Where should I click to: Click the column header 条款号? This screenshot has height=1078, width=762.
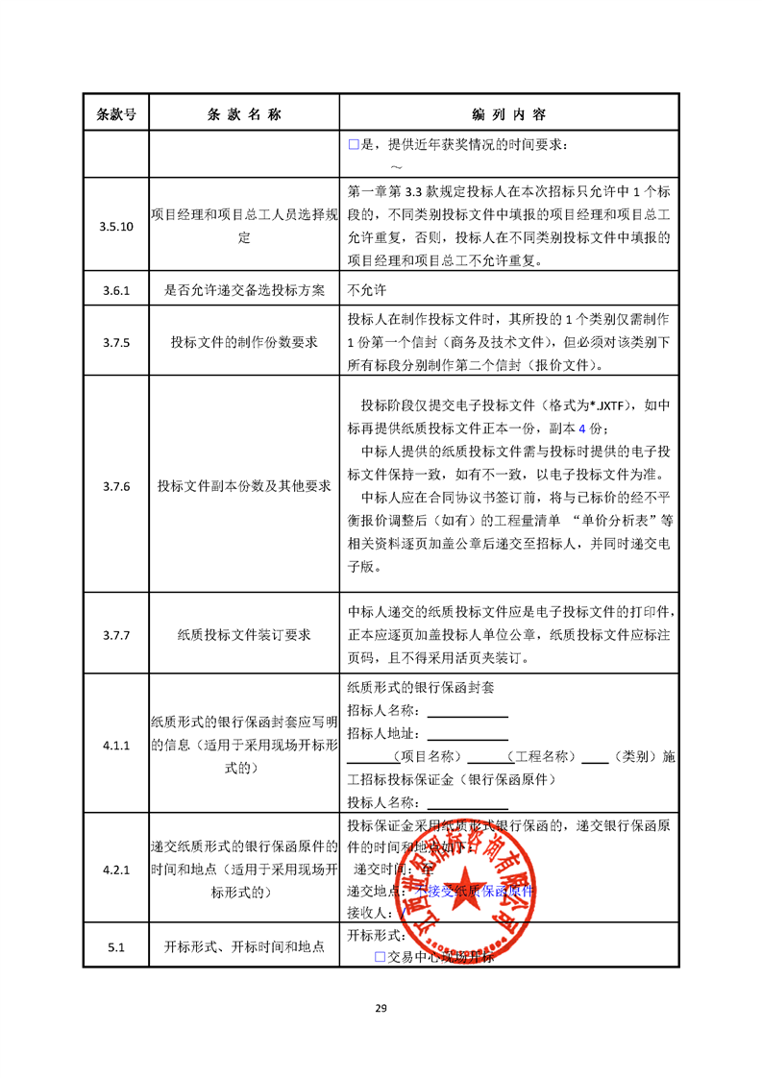tap(116, 113)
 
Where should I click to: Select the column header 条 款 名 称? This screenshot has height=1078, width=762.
tap(244, 113)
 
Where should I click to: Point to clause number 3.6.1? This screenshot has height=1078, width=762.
tap(116, 288)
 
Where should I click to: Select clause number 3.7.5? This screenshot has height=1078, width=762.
tap(116, 341)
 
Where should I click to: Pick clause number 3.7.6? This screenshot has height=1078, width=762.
tap(116, 486)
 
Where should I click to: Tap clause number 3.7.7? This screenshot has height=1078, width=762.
tap(116, 634)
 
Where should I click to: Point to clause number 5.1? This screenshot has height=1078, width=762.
tap(116, 947)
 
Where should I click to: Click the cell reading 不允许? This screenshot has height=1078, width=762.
tap(365, 288)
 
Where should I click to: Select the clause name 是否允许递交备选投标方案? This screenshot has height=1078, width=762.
tap(244, 288)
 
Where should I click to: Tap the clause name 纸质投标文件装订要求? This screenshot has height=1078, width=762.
tap(244, 634)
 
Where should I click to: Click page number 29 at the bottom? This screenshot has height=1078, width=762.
tap(381, 1008)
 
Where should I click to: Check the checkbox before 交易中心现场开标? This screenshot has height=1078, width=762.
tap(380, 957)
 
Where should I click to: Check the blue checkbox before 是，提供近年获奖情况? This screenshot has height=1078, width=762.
tap(353, 145)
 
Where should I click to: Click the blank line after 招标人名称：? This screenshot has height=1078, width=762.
tap(467, 712)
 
